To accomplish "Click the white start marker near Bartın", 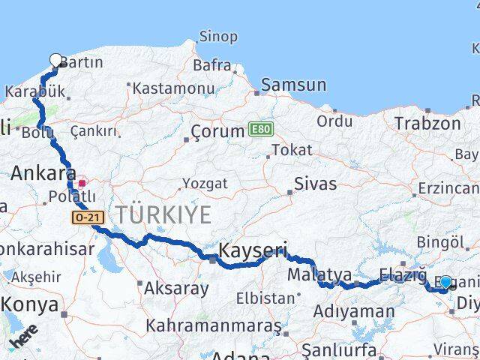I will (x=56, y=60).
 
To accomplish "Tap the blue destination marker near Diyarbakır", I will (x=445, y=282).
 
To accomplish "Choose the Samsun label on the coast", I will (x=293, y=85).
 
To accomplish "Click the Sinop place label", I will (x=218, y=36).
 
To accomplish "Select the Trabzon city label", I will (x=427, y=123).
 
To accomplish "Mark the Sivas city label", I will (x=315, y=184).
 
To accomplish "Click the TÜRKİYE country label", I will (x=161, y=215).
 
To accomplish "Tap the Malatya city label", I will (x=315, y=274).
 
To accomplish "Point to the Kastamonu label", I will (x=173, y=88).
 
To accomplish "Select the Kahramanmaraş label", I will (x=214, y=326).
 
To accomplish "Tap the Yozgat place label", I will (x=205, y=182).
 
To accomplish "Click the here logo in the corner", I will (x=24, y=338).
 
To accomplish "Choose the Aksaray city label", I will (x=176, y=287).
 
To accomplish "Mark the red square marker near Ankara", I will (x=82, y=182).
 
